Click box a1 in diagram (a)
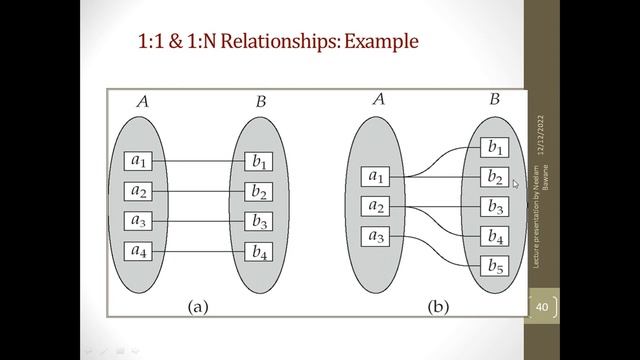(x=139, y=160)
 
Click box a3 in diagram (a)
(x=139, y=220)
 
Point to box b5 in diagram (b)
(x=493, y=266)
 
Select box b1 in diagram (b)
(x=493, y=148)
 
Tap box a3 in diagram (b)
(x=376, y=237)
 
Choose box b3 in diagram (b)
(x=493, y=207)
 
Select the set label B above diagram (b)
(x=494, y=99)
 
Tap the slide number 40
(x=544, y=306)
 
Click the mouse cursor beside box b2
(x=516, y=184)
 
